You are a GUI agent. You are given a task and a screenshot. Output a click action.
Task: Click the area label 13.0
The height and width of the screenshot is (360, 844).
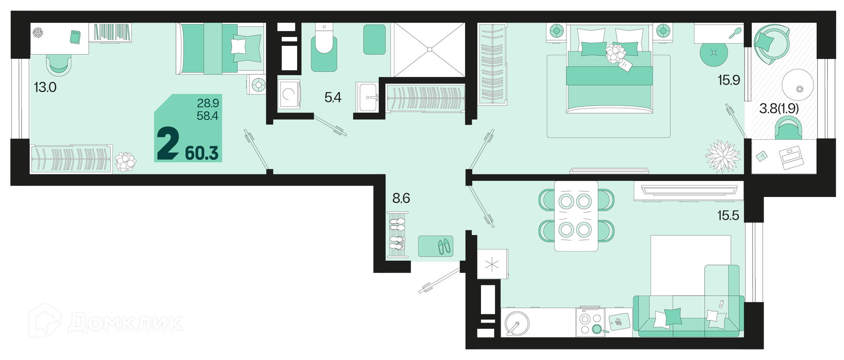[45, 87]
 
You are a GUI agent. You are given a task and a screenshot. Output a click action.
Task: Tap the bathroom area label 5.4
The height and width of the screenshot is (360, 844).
[333, 97]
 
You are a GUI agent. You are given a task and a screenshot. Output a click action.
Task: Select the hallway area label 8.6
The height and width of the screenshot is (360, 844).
[401, 198]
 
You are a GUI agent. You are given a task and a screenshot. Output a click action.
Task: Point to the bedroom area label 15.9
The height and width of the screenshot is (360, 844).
[729, 80]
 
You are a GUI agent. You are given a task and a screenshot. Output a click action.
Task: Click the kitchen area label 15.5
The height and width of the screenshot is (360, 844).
[728, 215]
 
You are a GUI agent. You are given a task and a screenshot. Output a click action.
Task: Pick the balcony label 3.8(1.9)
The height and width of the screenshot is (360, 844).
[779, 108]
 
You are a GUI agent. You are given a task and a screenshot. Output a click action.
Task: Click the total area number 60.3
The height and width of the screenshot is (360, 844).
[202, 153]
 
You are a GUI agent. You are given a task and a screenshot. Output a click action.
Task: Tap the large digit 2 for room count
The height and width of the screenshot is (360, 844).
[168, 143]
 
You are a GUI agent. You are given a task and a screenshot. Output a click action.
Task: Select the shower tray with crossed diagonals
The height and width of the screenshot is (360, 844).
[429, 50]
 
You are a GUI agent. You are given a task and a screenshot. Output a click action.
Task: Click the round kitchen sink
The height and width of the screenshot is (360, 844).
[517, 323]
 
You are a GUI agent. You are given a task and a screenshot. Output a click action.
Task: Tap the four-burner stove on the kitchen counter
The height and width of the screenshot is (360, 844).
[591, 322]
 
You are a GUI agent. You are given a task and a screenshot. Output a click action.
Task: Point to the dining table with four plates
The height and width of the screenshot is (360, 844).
[576, 216]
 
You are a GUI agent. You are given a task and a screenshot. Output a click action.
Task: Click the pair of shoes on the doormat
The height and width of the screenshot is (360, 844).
[444, 247]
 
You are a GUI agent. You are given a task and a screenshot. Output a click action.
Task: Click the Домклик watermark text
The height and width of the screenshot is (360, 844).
[125, 323]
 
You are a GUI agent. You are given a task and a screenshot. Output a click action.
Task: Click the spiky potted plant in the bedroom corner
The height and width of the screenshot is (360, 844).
[723, 156]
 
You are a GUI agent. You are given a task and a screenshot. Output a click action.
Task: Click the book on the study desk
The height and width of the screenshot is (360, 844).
[75, 37]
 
